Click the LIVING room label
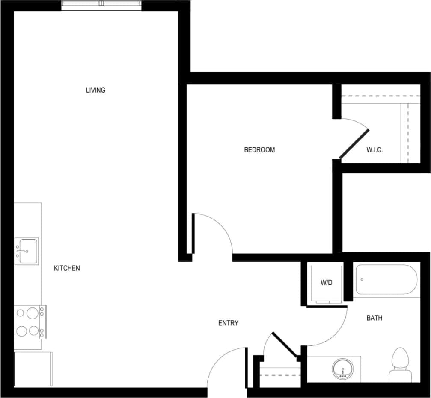tap(95, 90)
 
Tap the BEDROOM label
tap(259, 150)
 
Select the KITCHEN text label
tap(67, 268)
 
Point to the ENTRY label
tap(228, 323)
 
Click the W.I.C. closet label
tap(375, 150)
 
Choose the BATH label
tap(375, 318)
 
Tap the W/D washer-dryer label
tap(327, 283)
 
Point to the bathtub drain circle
tap(362, 280)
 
